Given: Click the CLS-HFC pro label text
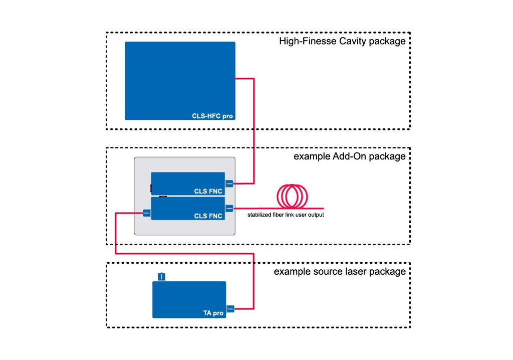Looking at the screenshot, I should click(212, 116).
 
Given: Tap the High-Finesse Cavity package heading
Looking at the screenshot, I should click(342, 41).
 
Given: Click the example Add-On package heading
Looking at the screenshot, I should click(349, 156).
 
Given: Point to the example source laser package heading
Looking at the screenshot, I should click(340, 272).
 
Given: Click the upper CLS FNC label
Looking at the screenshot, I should click(208, 191).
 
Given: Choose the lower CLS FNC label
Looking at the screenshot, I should click(208, 216).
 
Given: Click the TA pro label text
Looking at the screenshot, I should click(213, 313).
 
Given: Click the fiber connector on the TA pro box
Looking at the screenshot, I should click(230, 309).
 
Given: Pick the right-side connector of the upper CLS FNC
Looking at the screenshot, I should click(229, 184).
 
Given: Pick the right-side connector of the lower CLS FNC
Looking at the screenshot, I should click(229, 208).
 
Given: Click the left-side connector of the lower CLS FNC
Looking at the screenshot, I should click(147, 213).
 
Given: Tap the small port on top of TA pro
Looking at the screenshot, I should click(161, 277).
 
